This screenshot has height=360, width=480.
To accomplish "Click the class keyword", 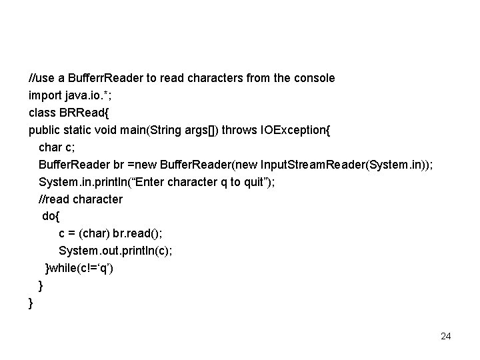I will tap(42, 113).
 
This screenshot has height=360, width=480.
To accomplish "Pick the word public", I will tap(45, 130).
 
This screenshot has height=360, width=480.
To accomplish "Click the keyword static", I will tap(80, 130).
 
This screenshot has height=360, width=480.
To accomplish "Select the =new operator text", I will tap(145, 165).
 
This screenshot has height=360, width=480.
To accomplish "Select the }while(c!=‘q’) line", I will tap(83, 268).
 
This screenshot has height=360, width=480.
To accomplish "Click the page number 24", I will tap(446, 336).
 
